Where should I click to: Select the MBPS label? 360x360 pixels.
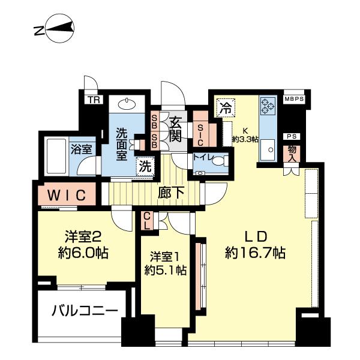tap(294, 99)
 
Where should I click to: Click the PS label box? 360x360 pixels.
tap(293, 137)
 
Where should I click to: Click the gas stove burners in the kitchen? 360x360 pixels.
tap(266, 107)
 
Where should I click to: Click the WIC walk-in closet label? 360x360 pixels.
tap(64, 195)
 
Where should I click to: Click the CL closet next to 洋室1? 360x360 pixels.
tap(147, 221)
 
